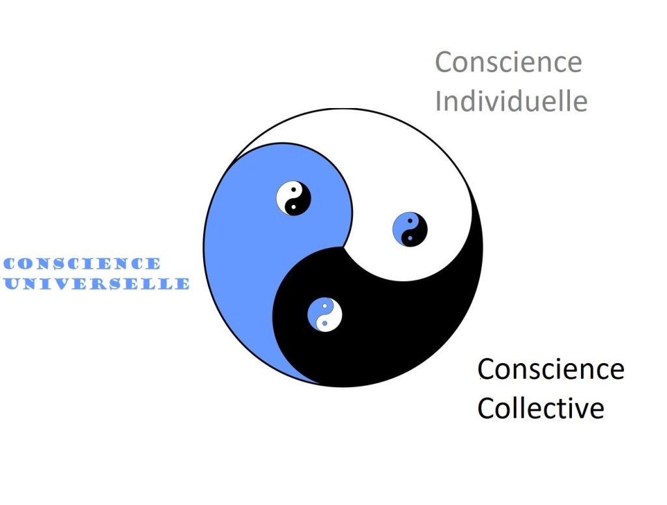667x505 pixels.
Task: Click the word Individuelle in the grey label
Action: click(x=511, y=102)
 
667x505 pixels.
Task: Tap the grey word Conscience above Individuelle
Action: click(x=508, y=62)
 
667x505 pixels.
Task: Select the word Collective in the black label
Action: click(x=540, y=409)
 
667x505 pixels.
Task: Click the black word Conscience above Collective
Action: click(x=551, y=370)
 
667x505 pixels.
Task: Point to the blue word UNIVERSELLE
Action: click(x=96, y=284)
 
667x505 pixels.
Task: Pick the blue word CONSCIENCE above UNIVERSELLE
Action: click(x=82, y=264)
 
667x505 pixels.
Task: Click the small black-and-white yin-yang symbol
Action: click(x=293, y=198)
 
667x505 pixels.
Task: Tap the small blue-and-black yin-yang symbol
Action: click(x=410, y=230)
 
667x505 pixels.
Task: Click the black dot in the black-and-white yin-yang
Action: click(x=294, y=189)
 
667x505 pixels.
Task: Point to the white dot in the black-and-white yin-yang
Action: click(x=293, y=207)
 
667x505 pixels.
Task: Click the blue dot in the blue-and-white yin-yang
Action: click(x=324, y=323)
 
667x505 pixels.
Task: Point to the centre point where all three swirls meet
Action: click(x=343, y=247)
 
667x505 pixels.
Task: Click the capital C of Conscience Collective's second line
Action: click(x=485, y=409)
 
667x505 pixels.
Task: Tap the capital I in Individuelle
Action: click(x=438, y=102)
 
